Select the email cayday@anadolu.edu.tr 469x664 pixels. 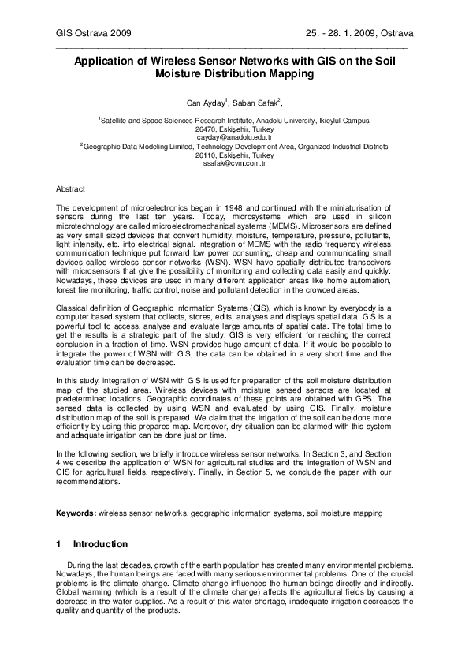click(x=234, y=136)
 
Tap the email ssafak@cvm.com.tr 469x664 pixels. click(x=234, y=163)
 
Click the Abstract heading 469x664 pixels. click(x=70, y=190)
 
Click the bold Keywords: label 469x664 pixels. click(x=76, y=513)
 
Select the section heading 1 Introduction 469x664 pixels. click(x=91, y=544)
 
